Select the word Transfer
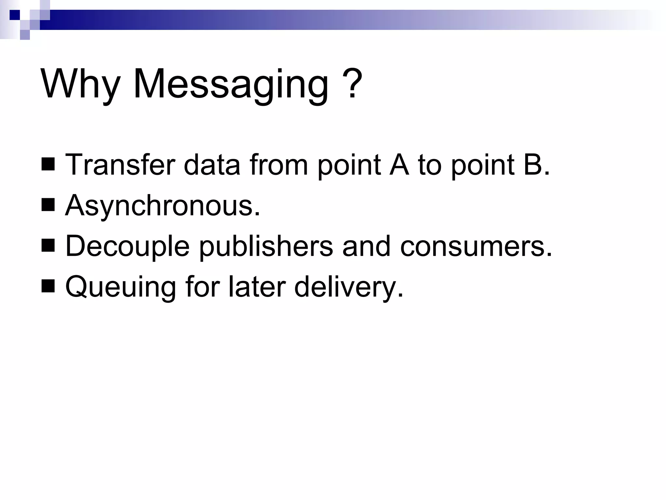(x=120, y=165)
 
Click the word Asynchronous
(x=162, y=206)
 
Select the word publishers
(x=266, y=246)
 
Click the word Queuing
(x=121, y=287)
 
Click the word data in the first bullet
(x=212, y=165)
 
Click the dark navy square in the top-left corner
(x=15, y=15)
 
